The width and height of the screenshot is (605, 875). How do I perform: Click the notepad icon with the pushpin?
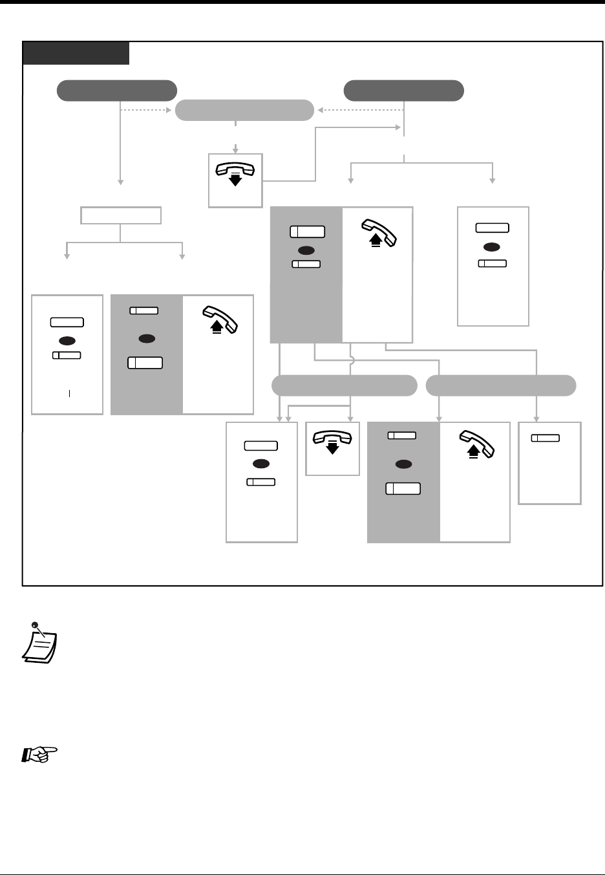coord(39,643)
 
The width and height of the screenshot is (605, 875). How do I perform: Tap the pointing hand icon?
coord(40,753)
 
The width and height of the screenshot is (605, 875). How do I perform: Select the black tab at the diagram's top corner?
coord(76,53)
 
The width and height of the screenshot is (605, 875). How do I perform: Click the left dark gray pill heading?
coord(117,91)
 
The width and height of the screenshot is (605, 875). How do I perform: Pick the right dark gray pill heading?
coord(403,91)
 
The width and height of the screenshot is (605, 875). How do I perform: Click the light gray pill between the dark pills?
coord(244,111)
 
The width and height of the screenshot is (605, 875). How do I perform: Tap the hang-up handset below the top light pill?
coord(235,173)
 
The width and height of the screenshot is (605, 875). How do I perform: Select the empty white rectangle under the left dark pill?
coord(121,215)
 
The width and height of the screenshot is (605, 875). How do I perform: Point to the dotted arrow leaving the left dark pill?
coord(147,110)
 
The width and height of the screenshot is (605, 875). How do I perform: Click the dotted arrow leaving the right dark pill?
coord(361,110)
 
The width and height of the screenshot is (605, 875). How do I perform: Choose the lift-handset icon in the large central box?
coord(379,233)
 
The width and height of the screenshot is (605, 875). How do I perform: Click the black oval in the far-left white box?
coord(67,340)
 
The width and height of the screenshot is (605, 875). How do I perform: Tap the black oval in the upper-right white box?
coord(492,246)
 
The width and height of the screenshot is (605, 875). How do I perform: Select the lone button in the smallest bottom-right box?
coord(546,438)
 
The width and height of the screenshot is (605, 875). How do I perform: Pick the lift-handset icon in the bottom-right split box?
coord(476,445)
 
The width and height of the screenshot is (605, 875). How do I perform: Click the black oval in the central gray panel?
coord(306,250)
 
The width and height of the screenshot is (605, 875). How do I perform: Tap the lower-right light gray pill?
coord(501,385)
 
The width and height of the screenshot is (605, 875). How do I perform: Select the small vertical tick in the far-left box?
coord(69,393)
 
